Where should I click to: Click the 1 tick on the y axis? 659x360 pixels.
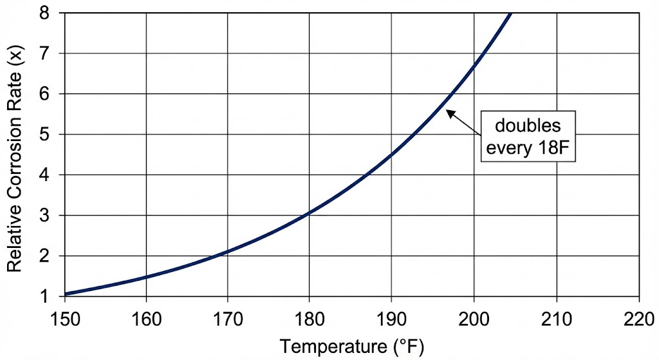pyautogui.click(x=47, y=297)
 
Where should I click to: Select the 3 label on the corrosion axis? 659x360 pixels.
pyautogui.click(x=47, y=216)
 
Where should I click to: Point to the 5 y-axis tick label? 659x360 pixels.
pyautogui.click(x=47, y=135)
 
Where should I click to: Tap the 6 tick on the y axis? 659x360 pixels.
pyautogui.click(x=47, y=94)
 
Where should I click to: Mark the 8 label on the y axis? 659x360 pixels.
pyautogui.click(x=47, y=13)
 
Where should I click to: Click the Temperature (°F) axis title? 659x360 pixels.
pyautogui.click(x=351, y=346)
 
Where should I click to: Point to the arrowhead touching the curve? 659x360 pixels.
pyautogui.click(x=449, y=113)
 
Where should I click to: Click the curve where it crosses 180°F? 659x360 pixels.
pyautogui.click(x=309, y=212)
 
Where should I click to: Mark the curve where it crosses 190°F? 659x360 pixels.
pyautogui.click(x=391, y=154)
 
